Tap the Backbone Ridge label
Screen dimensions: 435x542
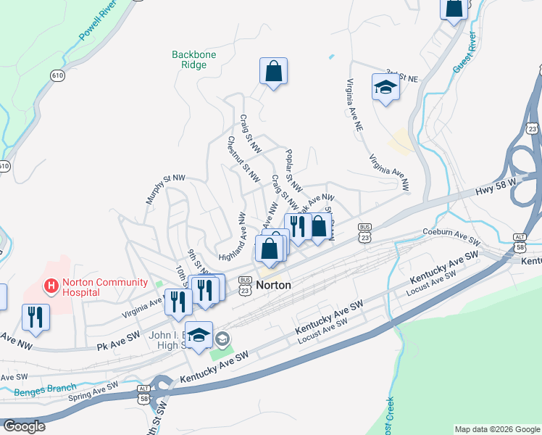189,59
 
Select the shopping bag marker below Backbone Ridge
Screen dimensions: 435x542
273,71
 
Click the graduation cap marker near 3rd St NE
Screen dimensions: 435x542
385,88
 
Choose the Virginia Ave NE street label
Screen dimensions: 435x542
354,104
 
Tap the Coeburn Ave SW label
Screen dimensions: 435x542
451,236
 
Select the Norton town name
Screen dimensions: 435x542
273,286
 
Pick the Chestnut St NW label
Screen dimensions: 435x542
243,159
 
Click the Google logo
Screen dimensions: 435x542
23,426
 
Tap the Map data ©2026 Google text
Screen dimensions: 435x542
496,429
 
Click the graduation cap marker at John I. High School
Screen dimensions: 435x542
200,334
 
